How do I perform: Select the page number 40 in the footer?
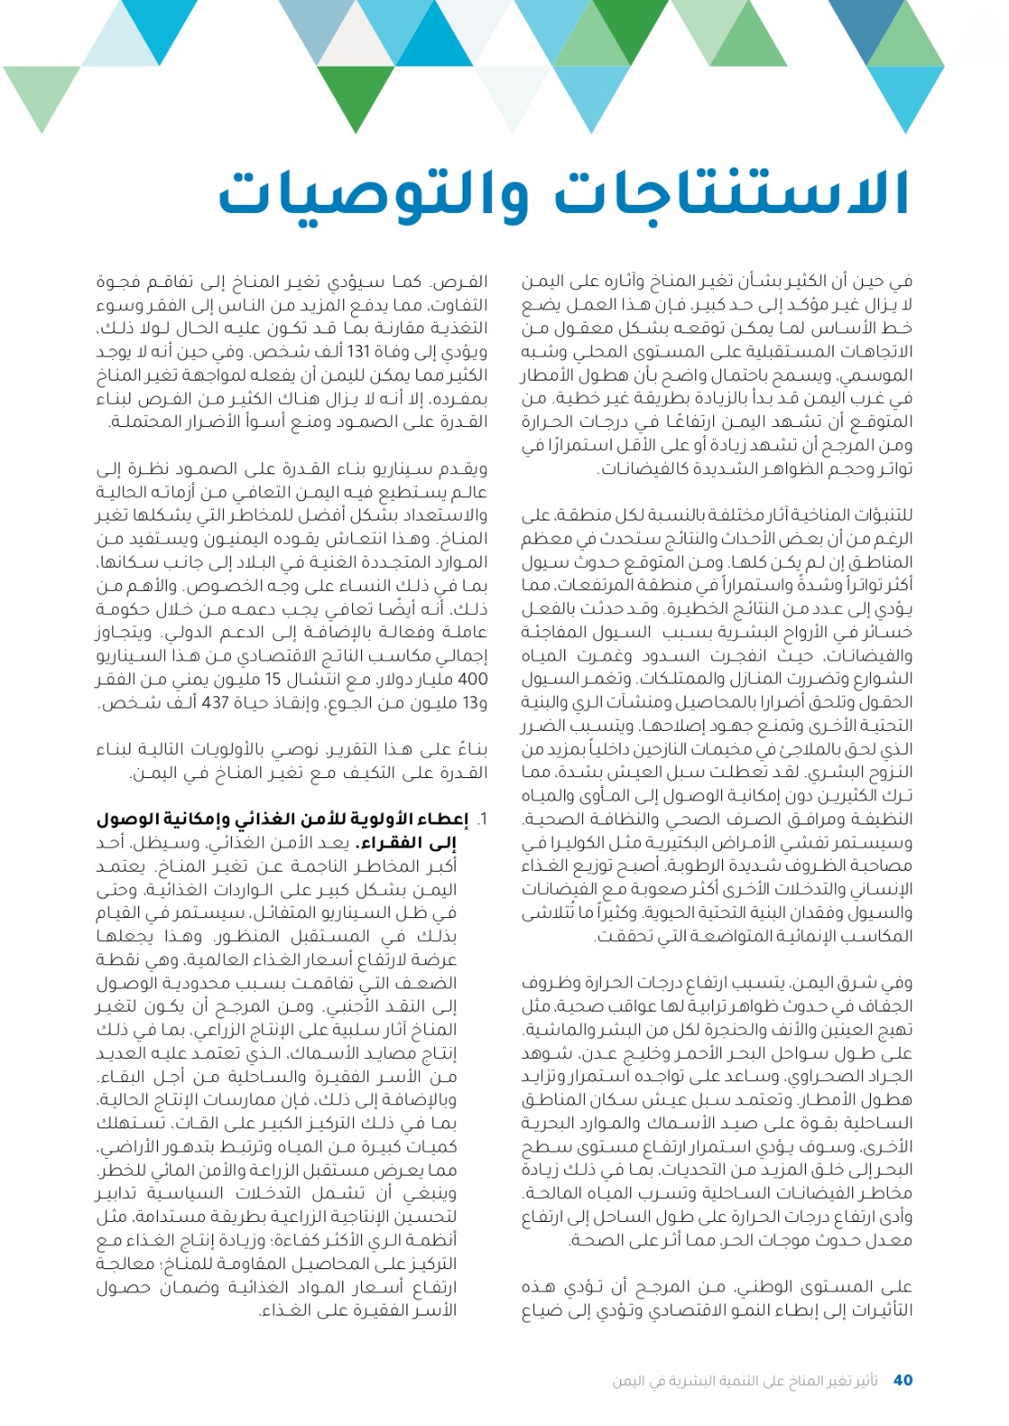pyautogui.click(x=902, y=1380)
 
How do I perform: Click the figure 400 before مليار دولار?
pyautogui.click(x=471, y=679)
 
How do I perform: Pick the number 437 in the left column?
pyautogui.click(x=216, y=702)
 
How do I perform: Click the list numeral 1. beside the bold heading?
pyautogui.click(x=481, y=819)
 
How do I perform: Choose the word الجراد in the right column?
pyautogui.click(x=892, y=1076)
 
